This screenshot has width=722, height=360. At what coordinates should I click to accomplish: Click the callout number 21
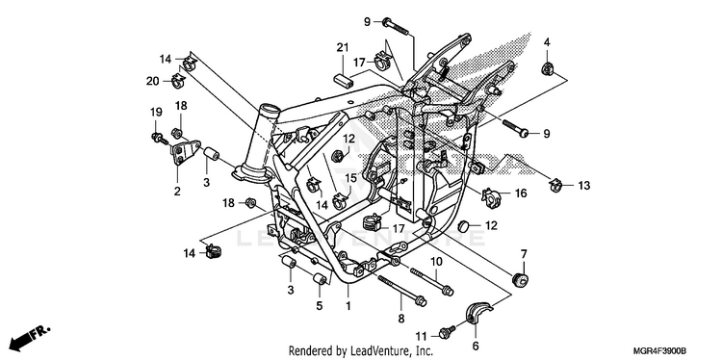342,48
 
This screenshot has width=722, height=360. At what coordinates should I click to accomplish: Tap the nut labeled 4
547,69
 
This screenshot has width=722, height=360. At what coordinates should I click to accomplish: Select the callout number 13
584,186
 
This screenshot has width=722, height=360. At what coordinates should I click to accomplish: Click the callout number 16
520,193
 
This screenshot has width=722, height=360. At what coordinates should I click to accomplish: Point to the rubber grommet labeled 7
521,280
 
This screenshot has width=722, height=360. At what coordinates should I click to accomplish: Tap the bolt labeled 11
448,331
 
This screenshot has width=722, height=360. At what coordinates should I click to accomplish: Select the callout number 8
401,318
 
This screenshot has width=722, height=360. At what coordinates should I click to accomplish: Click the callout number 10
436,262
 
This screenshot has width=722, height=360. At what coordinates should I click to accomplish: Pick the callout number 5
319,305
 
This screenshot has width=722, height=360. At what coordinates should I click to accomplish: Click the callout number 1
348,305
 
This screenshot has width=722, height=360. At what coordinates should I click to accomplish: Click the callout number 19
156,112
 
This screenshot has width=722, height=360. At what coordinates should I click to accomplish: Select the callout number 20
152,81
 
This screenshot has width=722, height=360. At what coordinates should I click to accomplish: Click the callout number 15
350,178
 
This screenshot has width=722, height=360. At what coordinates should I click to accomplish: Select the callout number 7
524,254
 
